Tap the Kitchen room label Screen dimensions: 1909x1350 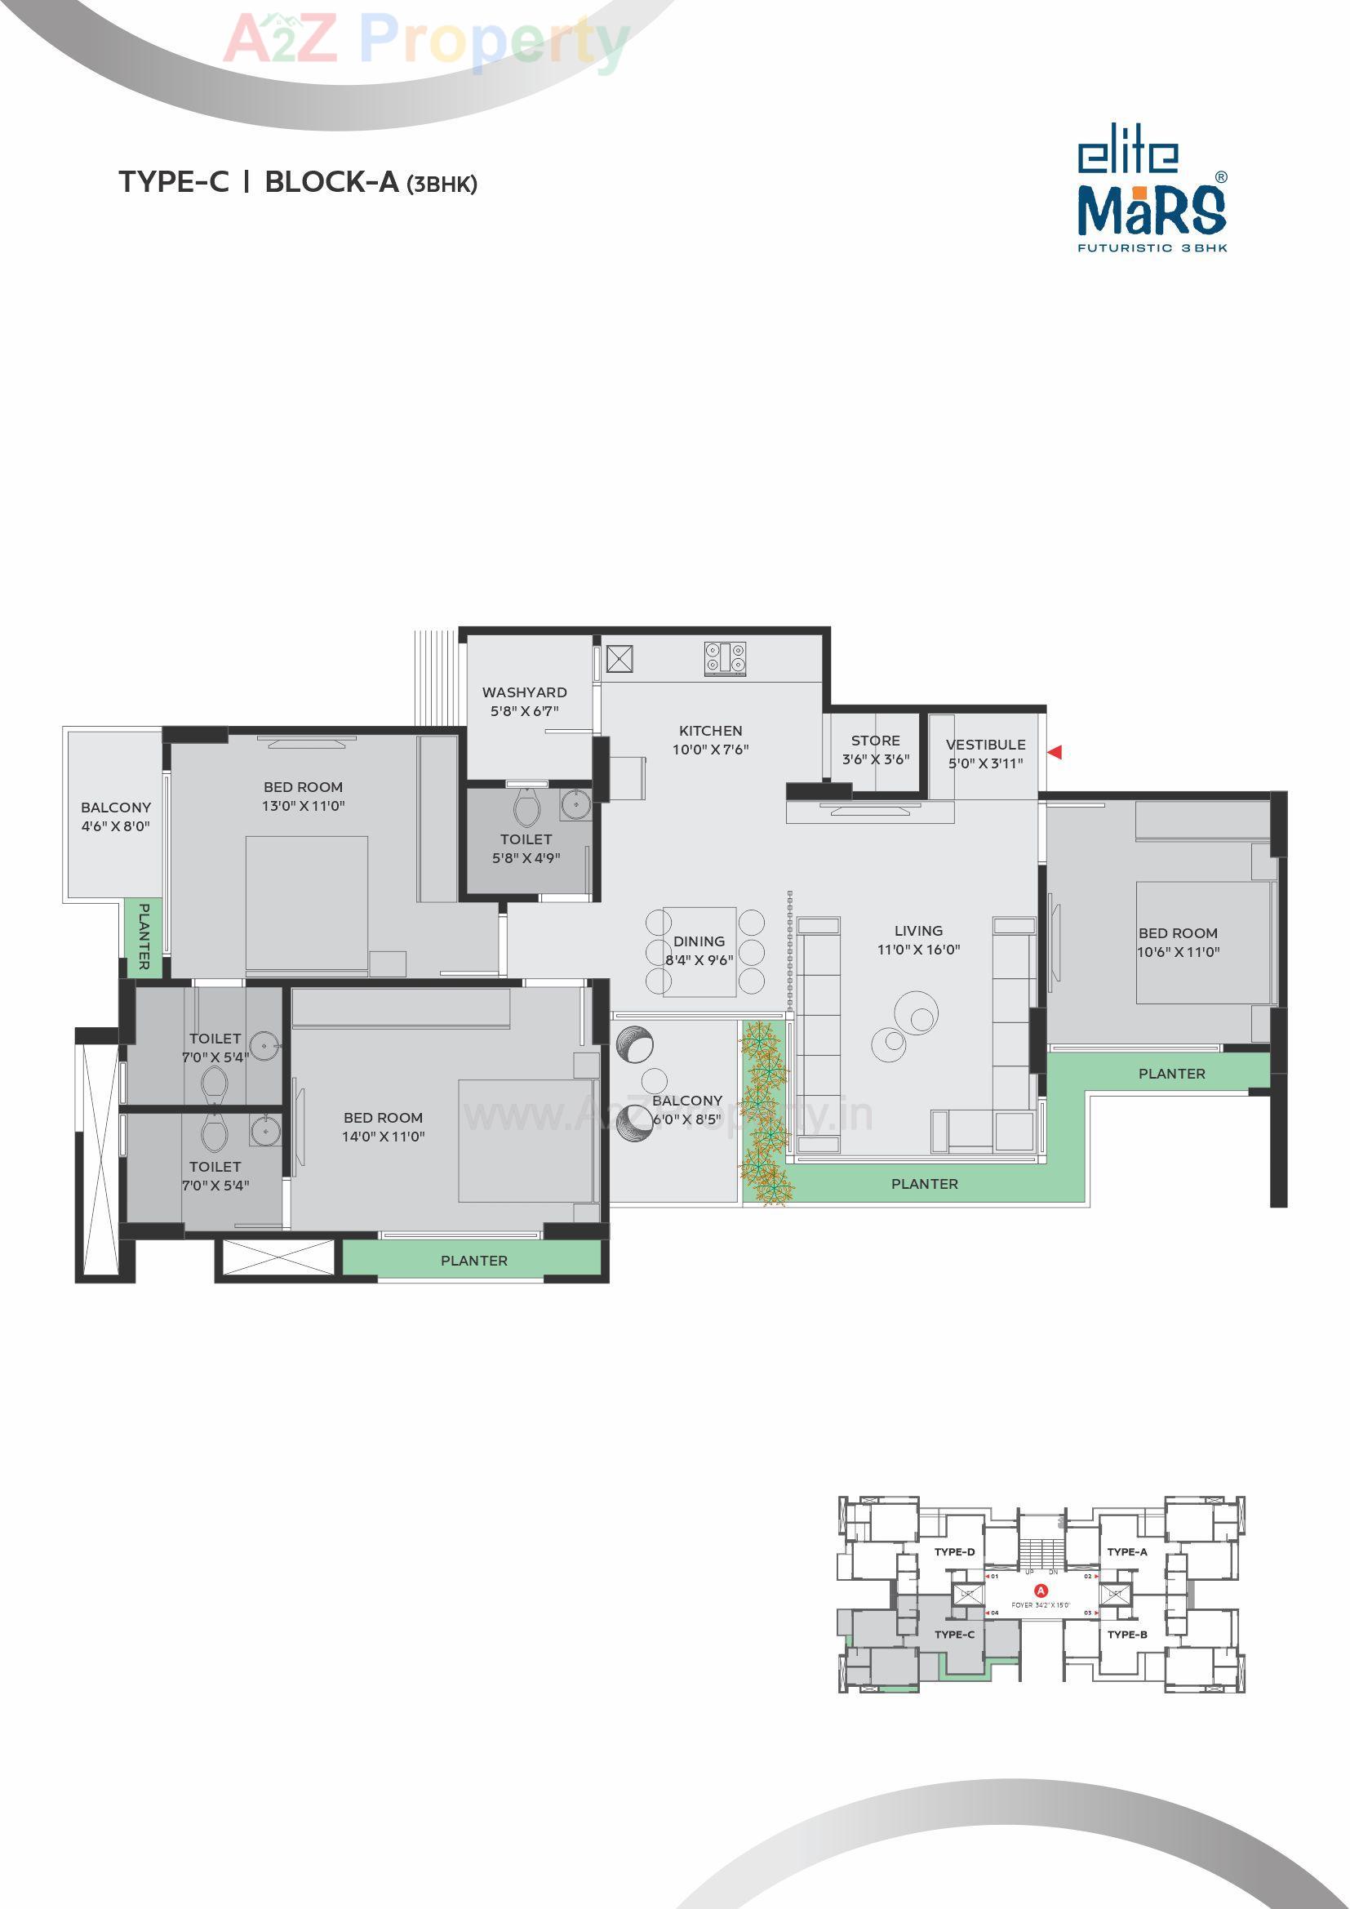point(711,731)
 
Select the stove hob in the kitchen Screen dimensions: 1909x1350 point(726,658)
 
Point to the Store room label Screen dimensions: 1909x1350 point(875,740)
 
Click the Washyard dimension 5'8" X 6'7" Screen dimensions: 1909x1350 point(525,711)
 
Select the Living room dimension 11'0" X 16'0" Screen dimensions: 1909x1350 point(918,949)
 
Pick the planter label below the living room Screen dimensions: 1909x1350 point(925,1183)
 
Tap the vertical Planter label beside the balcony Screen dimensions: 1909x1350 point(144,937)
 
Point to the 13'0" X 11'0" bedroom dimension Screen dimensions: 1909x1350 point(304,805)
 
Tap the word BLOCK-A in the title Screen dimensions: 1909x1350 point(331,182)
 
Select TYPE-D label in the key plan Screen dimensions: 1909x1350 point(954,1552)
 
